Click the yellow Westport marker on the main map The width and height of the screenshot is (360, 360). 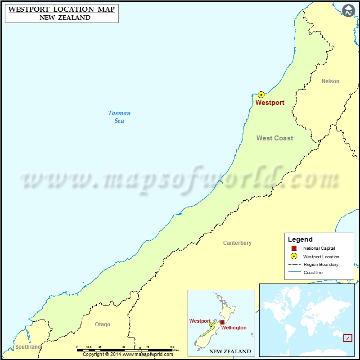tap(261, 94)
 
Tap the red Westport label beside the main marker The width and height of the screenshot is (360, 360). tap(270, 103)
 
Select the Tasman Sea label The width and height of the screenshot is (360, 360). tap(119, 117)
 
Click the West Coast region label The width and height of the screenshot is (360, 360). tap(274, 138)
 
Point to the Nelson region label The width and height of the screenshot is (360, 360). tap(330, 81)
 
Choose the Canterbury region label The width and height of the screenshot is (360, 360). tap(237, 243)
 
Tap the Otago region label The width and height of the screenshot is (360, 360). tap(103, 324)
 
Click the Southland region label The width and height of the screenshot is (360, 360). tap(28, 347)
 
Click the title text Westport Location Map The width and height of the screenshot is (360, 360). tap(62, 9)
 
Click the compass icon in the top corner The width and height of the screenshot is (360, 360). tap(348, 11)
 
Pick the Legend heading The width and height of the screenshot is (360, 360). tap(300, 239)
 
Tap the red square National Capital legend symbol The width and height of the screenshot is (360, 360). tap(294, 248)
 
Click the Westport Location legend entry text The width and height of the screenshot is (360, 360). tap(321, 256)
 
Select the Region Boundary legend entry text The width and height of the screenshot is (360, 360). tap(321, 265)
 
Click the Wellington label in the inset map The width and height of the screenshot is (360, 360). tap(234, 328)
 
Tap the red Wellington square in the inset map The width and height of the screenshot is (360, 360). tap(222, 322)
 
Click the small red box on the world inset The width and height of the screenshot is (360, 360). tap(347, 337)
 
